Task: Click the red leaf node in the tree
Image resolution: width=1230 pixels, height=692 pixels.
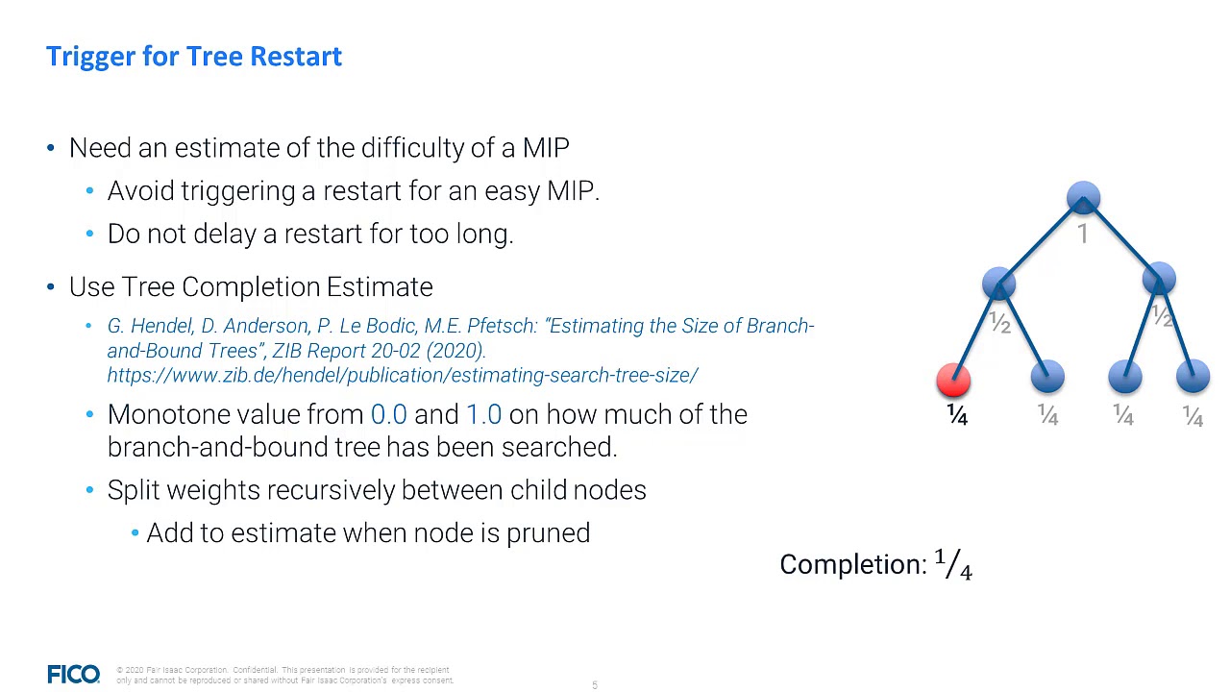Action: pyautogui.click(x=953, y=380)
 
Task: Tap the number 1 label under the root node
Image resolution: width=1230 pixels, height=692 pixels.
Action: pyautogui.click(x=1083, y=235)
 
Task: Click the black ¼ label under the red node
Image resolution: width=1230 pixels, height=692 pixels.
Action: pyautogui.click(x=957, y=415)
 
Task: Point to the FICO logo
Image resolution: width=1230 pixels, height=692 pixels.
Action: pyautogui.click(x=73, y=675)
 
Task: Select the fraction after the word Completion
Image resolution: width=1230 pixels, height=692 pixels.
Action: pyautogui.click(x=953, y=565)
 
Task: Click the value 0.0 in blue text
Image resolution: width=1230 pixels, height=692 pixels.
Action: pyautogui.click(x=388, y=415)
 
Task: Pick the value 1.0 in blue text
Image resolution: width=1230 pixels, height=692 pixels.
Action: pyautogui.click(x=483, y=415)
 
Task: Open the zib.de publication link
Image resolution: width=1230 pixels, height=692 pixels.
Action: pyautogui.click(x=403, y=376)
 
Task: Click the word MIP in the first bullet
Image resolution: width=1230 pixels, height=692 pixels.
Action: pyautogui.click(x=546, y=148)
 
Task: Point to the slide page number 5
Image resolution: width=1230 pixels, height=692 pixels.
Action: pyautogui.click(x=595, y=685)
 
